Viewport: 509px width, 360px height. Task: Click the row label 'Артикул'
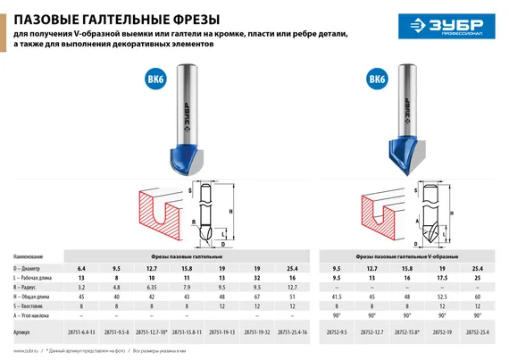[x=25, y=331]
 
